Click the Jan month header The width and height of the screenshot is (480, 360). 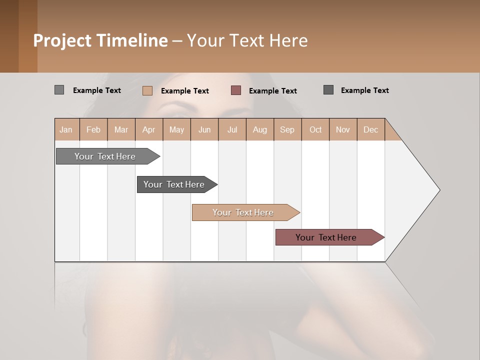[66, 129]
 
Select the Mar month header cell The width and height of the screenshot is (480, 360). [121, 129]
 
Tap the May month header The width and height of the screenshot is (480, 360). [176, 129]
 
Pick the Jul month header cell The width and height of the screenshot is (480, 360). [232, 129]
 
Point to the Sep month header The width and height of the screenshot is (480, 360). [287, 129]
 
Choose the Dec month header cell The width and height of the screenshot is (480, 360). [370, 129]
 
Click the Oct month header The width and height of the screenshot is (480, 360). [315, 129]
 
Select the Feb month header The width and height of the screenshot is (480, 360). [93, 129]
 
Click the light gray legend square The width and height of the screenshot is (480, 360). [59, 90]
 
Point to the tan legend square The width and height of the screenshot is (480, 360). [147, 90]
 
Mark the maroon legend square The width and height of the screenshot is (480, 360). [236, 90]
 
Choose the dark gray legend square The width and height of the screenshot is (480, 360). [328, 90]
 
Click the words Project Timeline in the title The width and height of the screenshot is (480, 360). [100, 40]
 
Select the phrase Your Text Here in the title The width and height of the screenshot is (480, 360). [247, 40]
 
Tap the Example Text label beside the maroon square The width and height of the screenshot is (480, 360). [272, 91]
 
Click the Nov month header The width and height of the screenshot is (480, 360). [343, 129]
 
